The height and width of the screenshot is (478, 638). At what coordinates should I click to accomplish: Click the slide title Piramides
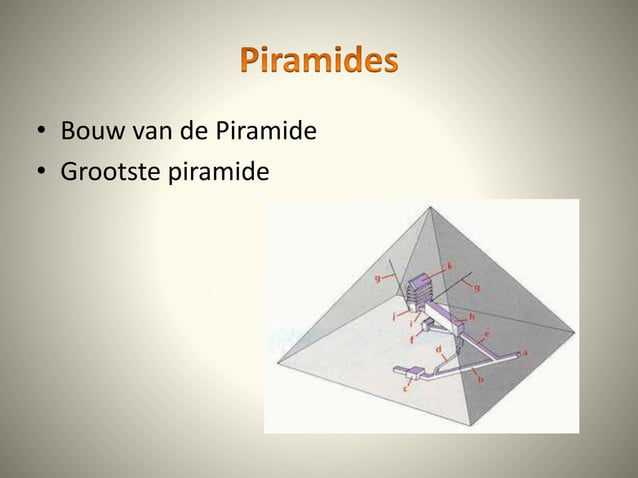(x=319, y=61)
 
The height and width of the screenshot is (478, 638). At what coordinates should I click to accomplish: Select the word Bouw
(x=88, y=132)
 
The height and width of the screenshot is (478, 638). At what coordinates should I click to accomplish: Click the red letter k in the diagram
(x=449, y=265)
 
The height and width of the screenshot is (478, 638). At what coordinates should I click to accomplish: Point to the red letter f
(x=412, y=338)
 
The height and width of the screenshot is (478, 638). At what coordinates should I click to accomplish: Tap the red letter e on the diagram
(x=486, y=334)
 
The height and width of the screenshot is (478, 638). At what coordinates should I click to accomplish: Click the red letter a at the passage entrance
(x=526, y=353)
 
